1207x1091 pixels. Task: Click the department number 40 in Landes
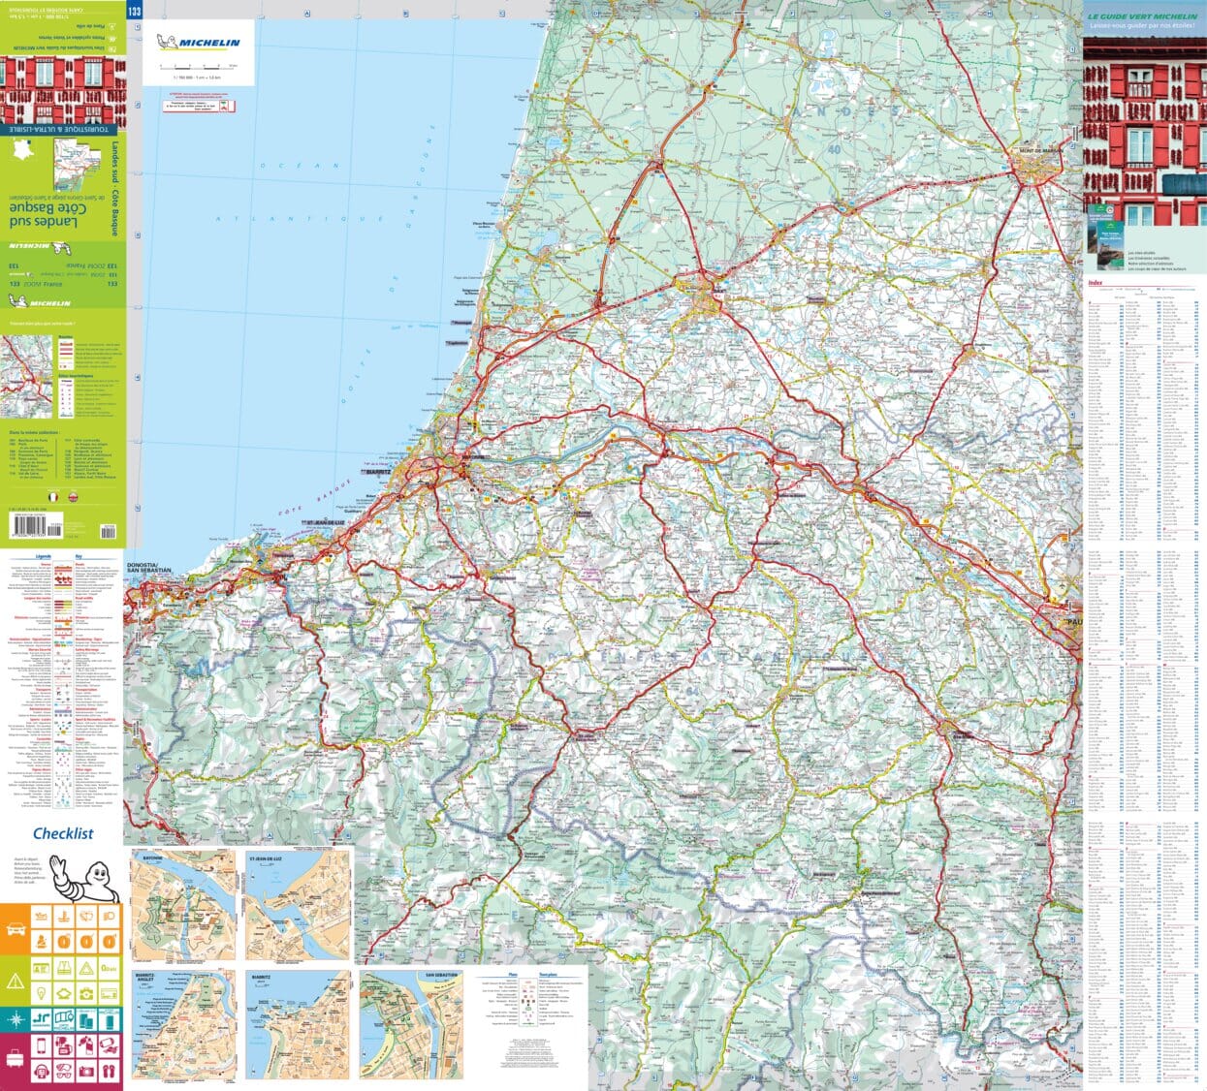(x=834, y=149)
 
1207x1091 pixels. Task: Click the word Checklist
(x=63, y=832)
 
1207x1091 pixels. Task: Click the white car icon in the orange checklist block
(x=16, y=929)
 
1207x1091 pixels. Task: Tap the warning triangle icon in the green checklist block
(x=16, y=981)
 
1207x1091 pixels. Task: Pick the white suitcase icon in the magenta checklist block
(x=16, y=1070)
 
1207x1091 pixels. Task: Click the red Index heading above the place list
(x=1096, y=283)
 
